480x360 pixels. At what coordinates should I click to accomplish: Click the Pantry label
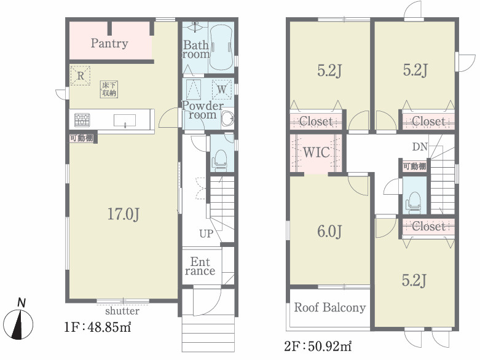[x=109, y=44]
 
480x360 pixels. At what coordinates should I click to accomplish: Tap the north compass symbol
[x=20, y=321]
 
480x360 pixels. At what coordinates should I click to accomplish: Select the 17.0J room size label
[x=124, y=214]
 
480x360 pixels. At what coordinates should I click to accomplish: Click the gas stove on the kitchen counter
[x=82, y=120]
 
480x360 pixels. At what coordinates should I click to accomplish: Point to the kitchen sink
[x=125, y=120]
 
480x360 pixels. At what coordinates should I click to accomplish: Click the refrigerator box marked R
[x=80, y=76]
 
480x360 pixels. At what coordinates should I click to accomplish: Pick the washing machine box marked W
[x=222, y=89]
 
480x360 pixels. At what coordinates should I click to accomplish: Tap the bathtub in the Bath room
[x=221, y=47]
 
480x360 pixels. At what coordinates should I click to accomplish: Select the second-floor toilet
[x=414, y=203]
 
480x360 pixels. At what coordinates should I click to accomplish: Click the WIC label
[x=317, y=152]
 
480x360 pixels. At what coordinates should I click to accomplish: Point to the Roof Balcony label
[x=330, y=307]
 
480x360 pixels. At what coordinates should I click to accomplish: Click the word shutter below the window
[x=122, y=311]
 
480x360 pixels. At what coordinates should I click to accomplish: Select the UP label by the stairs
[x=206, y=233]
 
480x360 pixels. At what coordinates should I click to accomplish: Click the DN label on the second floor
[x=420, y=147]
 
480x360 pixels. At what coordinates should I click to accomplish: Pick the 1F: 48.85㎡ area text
[x=98, y=327]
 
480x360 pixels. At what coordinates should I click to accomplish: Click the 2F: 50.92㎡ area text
[x=318, y=347]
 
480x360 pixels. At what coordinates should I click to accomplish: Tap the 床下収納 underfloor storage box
[x=109, y=89]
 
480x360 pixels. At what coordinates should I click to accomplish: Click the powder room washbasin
[x=227, y=119]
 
